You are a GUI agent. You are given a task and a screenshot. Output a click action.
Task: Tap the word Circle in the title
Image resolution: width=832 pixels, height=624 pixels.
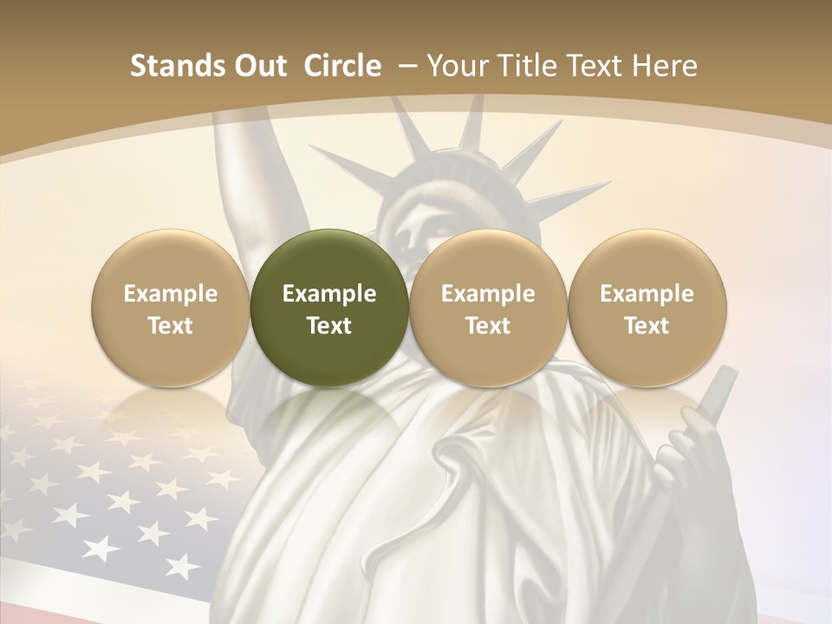pos(342,66)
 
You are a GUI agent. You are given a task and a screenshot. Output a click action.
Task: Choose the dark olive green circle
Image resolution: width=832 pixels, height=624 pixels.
pos(329,308)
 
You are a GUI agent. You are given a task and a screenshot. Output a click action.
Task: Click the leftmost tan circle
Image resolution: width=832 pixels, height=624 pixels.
pos(171,308)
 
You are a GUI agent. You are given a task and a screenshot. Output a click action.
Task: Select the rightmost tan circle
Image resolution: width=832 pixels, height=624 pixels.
pos(647,308)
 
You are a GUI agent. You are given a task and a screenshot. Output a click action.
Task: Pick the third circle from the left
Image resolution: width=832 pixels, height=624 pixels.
pos(488,308)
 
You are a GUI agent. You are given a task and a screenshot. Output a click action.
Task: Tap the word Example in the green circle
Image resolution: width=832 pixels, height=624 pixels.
pos(329,294)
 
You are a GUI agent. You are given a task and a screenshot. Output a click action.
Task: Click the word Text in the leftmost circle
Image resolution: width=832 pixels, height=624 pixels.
pos(171,326)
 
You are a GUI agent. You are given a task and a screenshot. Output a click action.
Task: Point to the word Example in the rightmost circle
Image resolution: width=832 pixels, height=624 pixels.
pos(647,294)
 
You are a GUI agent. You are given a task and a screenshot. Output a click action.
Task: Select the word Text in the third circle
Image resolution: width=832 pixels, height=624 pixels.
pos(488,326)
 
